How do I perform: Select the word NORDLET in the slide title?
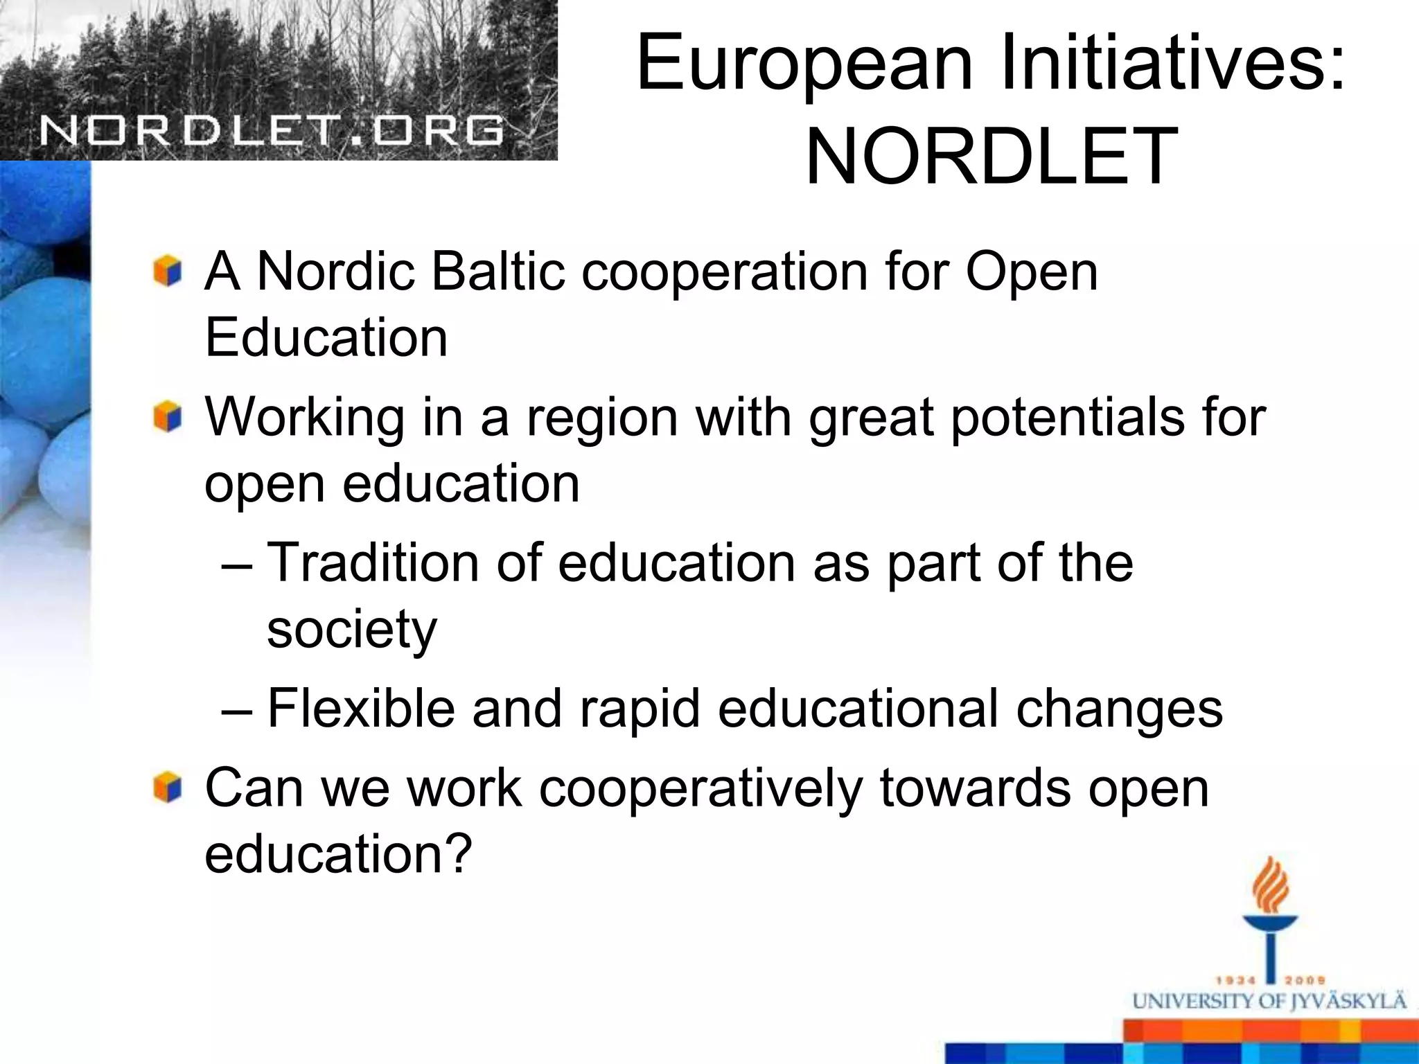(x=991, y=157)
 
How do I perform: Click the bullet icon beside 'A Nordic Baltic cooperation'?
(x=168, y=271)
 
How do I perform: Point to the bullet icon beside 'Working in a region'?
(x=168, y=417)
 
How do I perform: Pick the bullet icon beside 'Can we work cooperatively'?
(x=168, y=788)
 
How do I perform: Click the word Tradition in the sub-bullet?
(x=373, y=562)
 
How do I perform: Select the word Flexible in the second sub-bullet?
(x=360, y=709)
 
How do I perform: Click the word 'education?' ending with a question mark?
(x=338, y=854)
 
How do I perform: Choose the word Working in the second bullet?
(x=305, y=418)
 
